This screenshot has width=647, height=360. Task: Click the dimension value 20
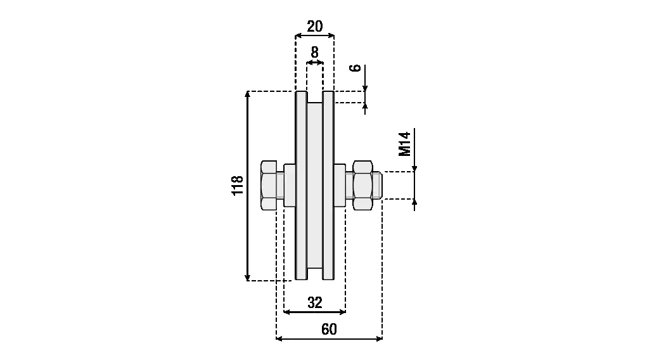point(315,27)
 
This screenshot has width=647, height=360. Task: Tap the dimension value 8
point(315,52)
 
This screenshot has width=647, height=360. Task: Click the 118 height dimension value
point(238,186)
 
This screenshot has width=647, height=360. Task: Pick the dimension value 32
point(315,302)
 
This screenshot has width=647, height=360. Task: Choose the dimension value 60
point(329,329)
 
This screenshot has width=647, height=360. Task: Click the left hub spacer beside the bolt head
point(290,185)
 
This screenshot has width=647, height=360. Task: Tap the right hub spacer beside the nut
point(340,185)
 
